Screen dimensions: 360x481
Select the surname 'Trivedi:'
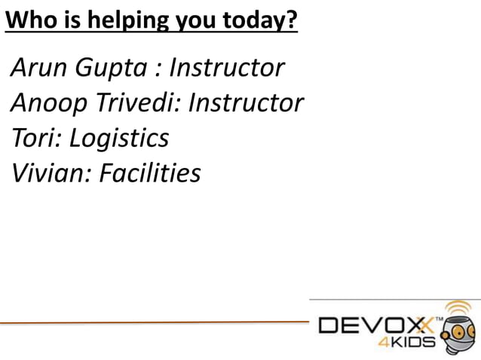136,104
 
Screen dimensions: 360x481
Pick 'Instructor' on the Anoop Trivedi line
246,104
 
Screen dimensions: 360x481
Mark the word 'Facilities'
151,174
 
